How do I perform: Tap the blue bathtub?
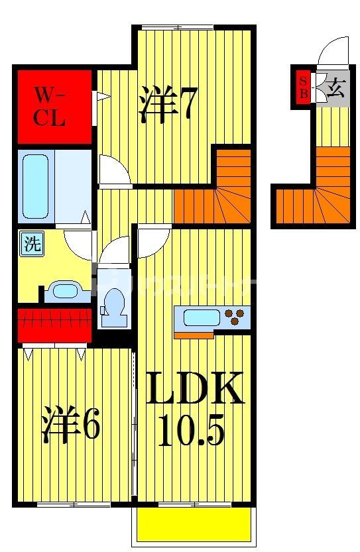[x=35, y=186]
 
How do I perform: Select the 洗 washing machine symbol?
[x=31, y=243]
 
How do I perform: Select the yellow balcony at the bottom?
[x=194, y=525]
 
